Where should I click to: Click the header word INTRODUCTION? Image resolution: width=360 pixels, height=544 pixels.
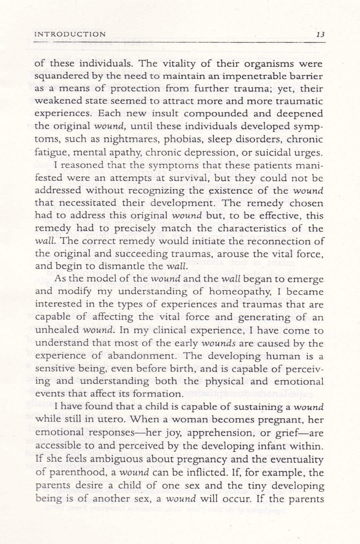[x=70, y=34]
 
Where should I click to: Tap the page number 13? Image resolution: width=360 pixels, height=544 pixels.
[x=320, y=34]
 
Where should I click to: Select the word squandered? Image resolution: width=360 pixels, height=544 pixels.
[x=64, y=76]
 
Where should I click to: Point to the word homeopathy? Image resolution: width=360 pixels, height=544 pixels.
[x=245, y=292]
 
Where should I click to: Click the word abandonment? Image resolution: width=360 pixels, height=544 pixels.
[x=139, y=356]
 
